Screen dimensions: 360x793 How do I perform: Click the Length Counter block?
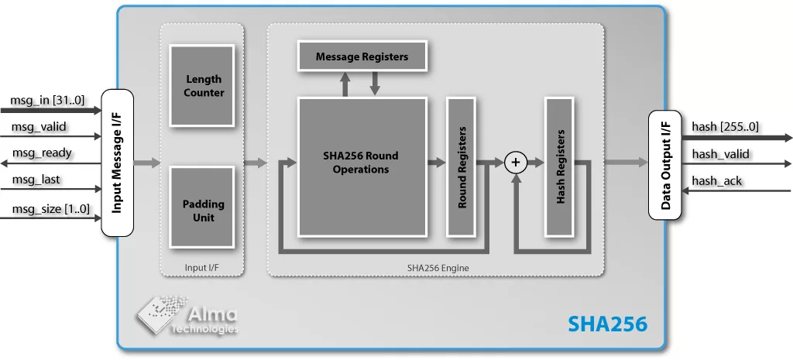coord(202,85)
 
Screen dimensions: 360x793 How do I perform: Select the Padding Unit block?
coord(202,211)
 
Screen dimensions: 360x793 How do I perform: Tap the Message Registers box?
coord(361,57)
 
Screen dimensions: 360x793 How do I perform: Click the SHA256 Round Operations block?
coord(362,166)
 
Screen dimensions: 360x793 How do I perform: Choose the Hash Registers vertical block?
coord(560,166)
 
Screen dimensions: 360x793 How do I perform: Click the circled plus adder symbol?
coord(515,162)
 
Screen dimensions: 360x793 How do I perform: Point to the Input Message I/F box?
coord(118,162)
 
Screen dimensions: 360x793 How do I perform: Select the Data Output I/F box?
coord(664,166)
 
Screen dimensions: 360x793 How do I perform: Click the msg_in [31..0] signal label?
coord(47,101)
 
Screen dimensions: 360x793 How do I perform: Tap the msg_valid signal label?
coord(39,127)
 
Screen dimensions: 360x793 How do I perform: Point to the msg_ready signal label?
coord(42,153)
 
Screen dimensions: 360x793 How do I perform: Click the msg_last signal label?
coord(36,180)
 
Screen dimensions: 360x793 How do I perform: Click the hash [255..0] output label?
coord(725,127)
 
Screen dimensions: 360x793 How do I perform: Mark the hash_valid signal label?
coord(720,154)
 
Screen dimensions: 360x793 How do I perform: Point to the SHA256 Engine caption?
coord(438,268)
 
